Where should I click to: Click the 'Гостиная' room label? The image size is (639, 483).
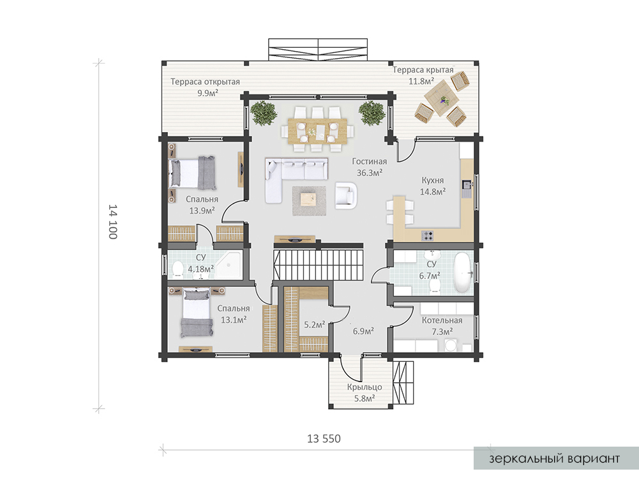click(369, 161)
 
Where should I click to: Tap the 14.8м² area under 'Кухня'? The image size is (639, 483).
click(433, 191)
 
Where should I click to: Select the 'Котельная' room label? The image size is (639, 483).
click(442, 320)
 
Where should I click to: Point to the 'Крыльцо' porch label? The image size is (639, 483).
click(365, 387)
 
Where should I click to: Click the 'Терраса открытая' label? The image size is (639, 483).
click(205, 82)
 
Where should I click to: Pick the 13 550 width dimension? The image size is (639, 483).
click(324, 438)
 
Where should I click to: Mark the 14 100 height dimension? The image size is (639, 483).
click(113, 221)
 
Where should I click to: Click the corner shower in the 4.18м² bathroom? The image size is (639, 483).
click(229, 265)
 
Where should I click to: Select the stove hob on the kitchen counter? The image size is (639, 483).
click(427, 235)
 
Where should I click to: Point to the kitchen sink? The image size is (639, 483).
click(467, 185)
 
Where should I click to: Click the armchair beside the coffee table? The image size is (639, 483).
click(346, 195)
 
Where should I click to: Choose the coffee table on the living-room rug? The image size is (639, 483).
click(308, 200)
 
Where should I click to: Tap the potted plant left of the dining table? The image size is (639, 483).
click(264, 113)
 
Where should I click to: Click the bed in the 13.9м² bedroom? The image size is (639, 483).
click(192, 173)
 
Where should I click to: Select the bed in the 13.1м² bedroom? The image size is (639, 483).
click(197, 313)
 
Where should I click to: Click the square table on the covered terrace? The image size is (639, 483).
click(442, 98)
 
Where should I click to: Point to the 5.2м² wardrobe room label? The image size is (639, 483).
click(315, 325)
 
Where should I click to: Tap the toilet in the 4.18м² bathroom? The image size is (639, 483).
click(177, 269)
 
